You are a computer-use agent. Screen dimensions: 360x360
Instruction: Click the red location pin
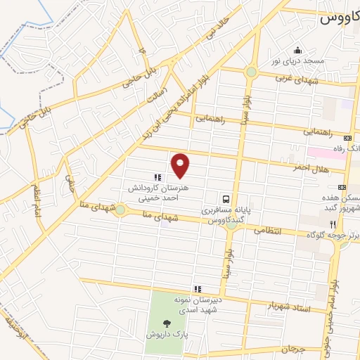coord(181,166)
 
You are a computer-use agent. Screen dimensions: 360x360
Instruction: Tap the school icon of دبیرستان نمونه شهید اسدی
coord(198,288)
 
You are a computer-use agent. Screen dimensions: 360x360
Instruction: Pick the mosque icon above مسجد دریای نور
coord(298,50)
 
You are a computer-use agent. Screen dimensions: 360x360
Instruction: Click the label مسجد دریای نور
coord(299,62)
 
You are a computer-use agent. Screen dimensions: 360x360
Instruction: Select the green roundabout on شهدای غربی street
coord(251,72)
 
